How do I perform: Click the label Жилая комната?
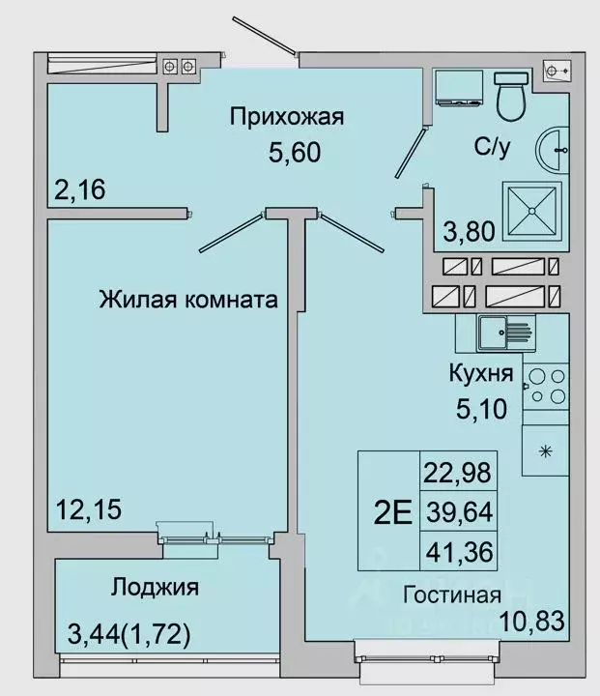(x=188, y=300)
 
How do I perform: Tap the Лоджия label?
(x=155, y=587)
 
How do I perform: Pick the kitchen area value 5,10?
(x=480, y=409)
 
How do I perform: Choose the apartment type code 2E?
(x=389, y=510)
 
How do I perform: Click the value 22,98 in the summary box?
(x=457, y=474)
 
